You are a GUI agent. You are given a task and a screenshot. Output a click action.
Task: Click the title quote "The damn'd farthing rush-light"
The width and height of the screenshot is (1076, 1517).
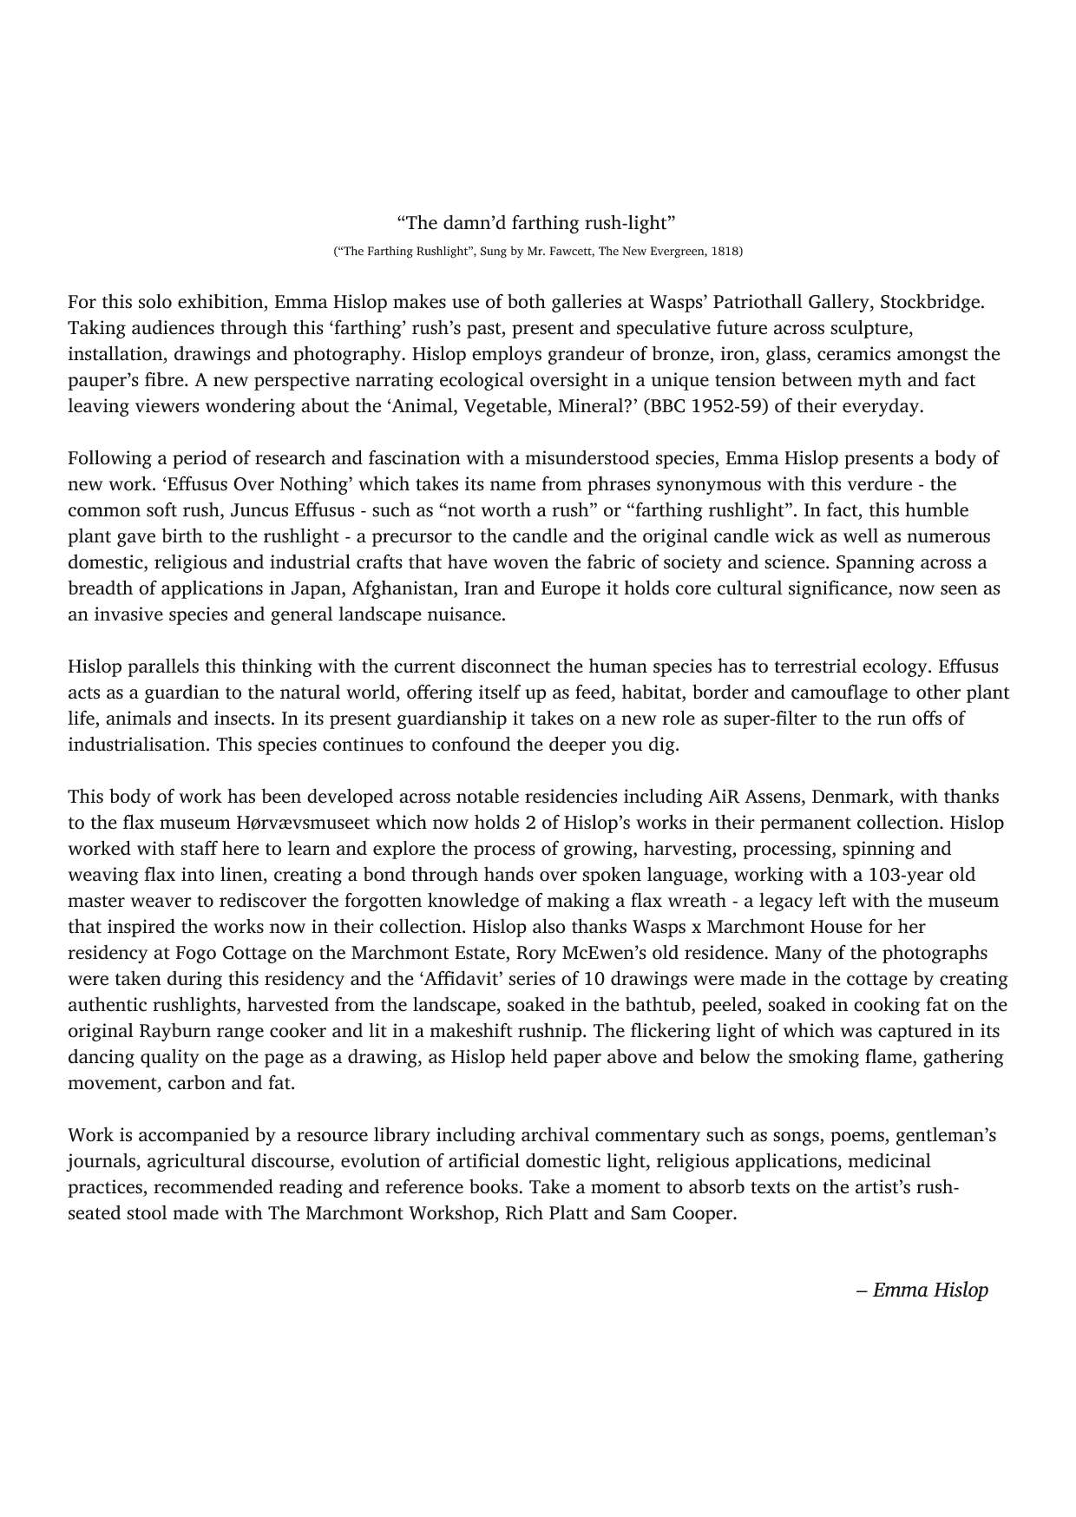(537, 223)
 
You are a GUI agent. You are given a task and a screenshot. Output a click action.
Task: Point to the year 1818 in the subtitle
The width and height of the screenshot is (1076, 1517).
(725, 252)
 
